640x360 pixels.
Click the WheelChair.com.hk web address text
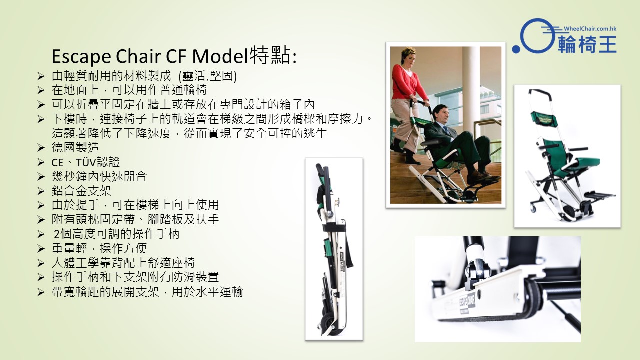pyautogui.click(x=590, y=29)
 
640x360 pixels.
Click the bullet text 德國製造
pyautogui.click(x=75, y=147)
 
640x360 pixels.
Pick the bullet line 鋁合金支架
pyautogui.click(x=81, y=191)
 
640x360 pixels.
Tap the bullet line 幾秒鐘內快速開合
pyautogui.click(x=99, y=176)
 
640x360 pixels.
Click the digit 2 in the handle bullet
pyautogui.click(x=56, y=234)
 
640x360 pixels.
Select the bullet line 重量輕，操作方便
pyautogui.click(x=99, y=248)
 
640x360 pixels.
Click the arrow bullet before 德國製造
pyautogui.click(x=41, y=148)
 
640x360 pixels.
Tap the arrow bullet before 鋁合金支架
pyautogui.click(x=41, y=191)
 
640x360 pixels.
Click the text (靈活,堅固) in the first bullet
pyautogui.click(x=207, y=76)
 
